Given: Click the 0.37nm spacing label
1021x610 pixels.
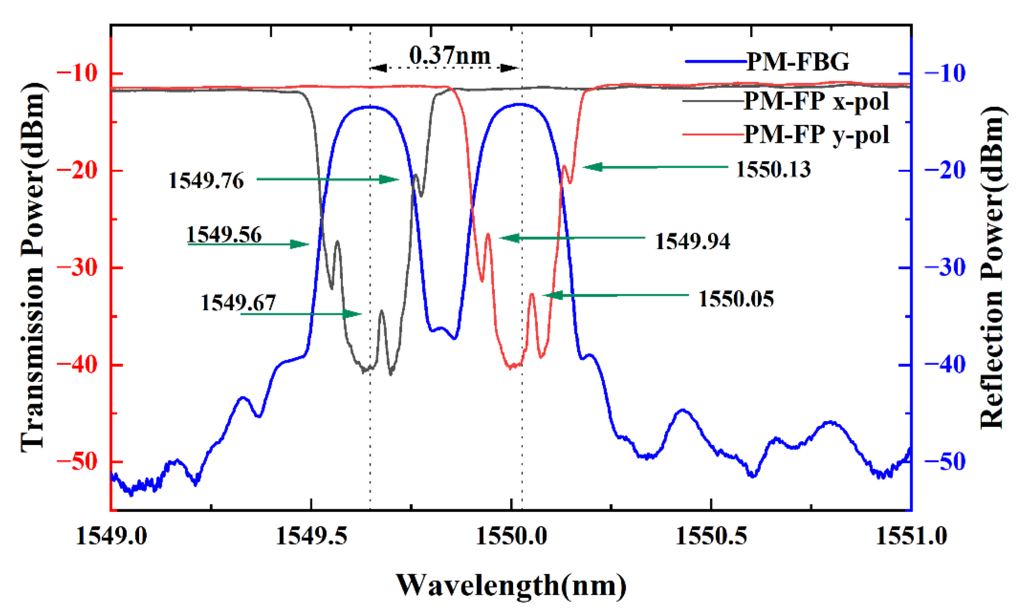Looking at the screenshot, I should pyautogui.click(x=449, y=56).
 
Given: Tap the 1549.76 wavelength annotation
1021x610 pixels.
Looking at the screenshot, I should pyautogui.click(x=206, y=181).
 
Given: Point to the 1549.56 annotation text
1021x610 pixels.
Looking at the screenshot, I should pyautogui.click(x=224, y=235).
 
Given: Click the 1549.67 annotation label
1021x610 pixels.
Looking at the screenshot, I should pyautogui.click(x=238, y=303).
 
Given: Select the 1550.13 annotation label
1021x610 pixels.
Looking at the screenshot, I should pyautogui.click(x=773, y=169).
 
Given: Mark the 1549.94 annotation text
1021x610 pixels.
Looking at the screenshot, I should pyautogui.click(x=693, y=241).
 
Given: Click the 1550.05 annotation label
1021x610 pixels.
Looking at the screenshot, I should pyautogui.click(x=736, y=299).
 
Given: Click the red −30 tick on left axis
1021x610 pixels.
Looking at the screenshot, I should pyautogui.click(x=77, y=267).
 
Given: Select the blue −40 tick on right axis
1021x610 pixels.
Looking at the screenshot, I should pyautogui.click(x=945, y=364).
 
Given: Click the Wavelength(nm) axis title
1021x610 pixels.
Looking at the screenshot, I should pyautogui.click(x=511, y=585).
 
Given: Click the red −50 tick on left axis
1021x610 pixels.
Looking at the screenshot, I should pyautogui.click(x=77, y=462).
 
